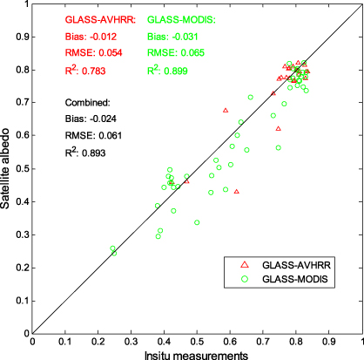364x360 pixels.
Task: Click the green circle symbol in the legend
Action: [x=245, y=279]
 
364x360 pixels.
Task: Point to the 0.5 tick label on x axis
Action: [x=197, y=341]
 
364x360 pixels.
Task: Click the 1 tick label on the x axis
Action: [x=361, y=341]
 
